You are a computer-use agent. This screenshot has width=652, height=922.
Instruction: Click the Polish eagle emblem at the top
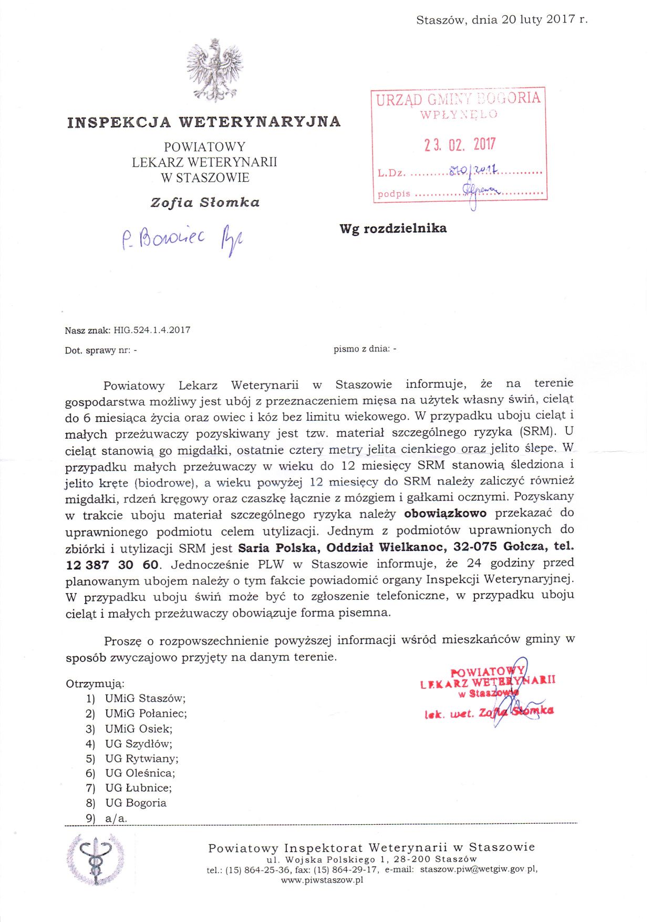point(214,70)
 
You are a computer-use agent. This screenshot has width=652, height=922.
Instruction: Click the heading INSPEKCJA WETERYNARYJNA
point(204,122)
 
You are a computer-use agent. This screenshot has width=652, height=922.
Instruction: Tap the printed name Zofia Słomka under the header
point(205,202)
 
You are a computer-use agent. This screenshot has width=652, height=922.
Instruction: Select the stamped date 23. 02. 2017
point(460,144)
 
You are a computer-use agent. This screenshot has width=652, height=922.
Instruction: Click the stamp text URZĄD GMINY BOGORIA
point(458,99)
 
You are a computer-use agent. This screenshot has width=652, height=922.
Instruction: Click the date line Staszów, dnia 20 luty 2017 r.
point(502,20)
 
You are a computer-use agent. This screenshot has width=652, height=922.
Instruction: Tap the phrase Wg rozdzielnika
point(393,229)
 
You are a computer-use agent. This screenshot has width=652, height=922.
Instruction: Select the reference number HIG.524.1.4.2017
point(152,330)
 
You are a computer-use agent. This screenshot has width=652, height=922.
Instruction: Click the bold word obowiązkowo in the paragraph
point(446,513)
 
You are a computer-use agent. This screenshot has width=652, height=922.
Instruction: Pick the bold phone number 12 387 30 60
point(112,565)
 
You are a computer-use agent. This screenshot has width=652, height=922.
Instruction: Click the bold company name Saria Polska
point(277,548)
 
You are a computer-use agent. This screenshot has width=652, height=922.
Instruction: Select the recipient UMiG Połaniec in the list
point(146,713)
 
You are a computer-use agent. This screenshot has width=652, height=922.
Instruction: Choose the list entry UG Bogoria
point(136,803)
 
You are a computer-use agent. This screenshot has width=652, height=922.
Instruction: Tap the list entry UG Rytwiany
point(141,758)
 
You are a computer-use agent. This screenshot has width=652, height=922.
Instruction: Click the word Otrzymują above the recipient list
point(95,684)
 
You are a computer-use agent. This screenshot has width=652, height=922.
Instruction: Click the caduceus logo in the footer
point(96,860)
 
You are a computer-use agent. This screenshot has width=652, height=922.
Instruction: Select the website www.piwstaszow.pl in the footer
point(322,880)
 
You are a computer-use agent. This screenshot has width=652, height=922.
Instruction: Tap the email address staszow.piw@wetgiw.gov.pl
point(479,869)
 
